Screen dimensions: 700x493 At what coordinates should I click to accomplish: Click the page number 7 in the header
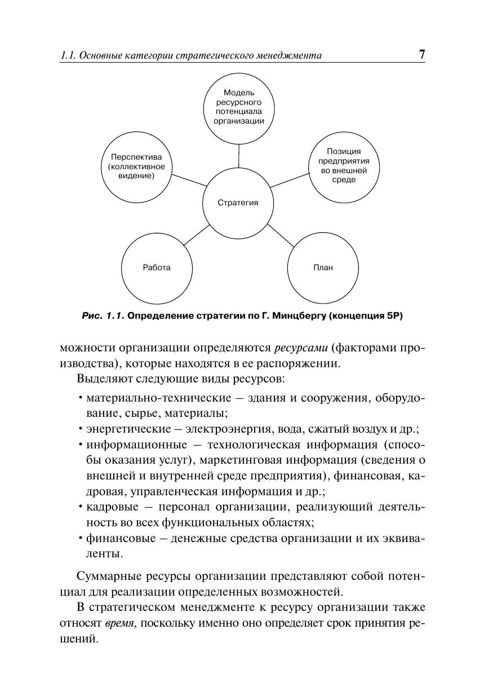coord(421,55)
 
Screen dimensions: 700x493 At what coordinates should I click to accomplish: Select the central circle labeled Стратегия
coord(238,202)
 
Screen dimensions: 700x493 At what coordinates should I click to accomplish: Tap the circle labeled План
coord(323,267)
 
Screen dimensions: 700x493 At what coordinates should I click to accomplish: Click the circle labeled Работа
coord(157,267)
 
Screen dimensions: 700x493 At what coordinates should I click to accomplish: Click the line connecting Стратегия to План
coord(280,235)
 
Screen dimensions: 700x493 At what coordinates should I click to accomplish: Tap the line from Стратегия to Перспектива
coord(189,180)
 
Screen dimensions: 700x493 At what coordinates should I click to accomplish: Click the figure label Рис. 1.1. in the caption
coord(103,316)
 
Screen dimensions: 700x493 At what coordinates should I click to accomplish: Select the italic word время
coord(118,624)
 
